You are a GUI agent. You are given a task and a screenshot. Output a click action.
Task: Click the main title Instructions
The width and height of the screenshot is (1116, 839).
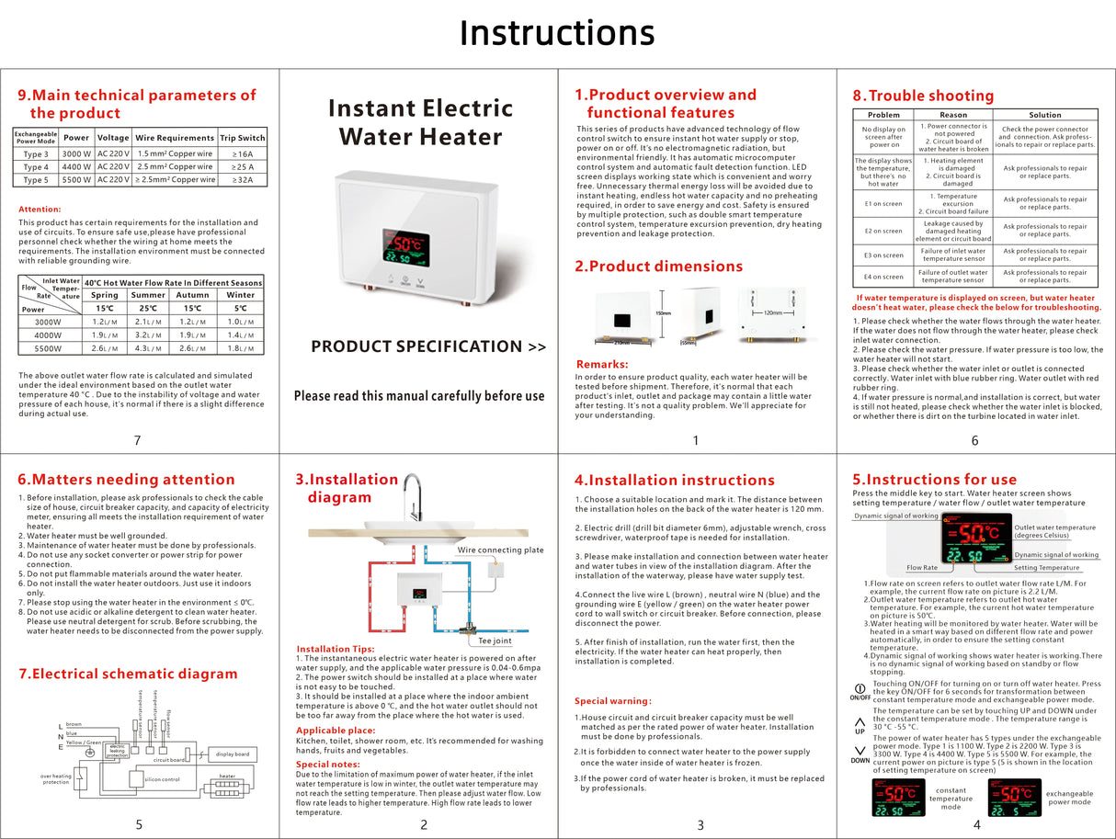tap(557, 33)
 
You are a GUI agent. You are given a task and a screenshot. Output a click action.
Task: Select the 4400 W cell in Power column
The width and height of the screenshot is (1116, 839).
tap(76, 167)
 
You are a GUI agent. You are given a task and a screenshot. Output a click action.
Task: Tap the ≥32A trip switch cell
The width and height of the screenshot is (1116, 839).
tap(243, 180)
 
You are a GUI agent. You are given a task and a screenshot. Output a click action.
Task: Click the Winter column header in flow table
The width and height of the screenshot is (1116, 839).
tap(240, 295)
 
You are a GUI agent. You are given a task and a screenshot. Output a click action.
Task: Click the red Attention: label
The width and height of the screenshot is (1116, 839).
tap(40, 210)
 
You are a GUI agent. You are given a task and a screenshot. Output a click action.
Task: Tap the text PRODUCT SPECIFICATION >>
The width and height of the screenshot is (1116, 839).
tap(428, 346)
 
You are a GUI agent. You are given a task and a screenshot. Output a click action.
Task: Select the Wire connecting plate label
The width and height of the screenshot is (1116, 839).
tap(501, 550)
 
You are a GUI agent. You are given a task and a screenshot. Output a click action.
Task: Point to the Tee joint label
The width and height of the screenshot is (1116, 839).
tap(495, 641)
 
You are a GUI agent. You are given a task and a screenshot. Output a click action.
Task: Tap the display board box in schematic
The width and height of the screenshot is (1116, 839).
tap(233, 754)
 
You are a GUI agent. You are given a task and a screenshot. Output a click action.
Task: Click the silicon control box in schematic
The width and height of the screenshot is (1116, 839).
tap(162, 779)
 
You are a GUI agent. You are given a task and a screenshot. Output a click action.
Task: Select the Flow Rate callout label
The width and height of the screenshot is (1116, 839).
tap(922, 568)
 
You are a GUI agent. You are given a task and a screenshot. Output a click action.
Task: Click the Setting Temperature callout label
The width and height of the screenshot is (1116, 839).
tap(1044, 568)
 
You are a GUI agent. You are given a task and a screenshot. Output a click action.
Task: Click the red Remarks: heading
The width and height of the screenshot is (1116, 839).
tap(601, 365)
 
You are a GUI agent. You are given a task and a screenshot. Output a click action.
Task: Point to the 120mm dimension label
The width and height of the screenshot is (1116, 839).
tap(779, 312)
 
